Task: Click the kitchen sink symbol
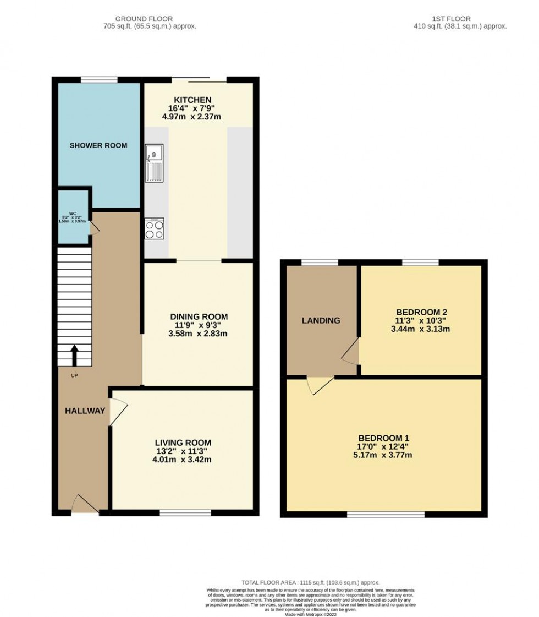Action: [x=155, y=162]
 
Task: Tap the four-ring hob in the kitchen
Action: [x=154, y=229]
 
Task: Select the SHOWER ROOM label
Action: [x=98, y=145]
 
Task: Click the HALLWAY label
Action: [x=85, y=411]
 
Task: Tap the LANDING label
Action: [x=321, y=320]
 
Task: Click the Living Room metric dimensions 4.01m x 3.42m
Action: [x=182, y=460]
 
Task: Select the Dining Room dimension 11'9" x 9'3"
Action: [x=199, y=325]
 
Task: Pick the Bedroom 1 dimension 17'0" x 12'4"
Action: [x=385, y=446]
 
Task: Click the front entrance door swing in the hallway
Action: [x=84, y=503]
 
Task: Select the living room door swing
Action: [x=118, y=412]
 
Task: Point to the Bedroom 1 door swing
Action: [x=319, y=385]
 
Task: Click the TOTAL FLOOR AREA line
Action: [x=311, y=582]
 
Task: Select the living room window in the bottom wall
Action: [x=185, y=513]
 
